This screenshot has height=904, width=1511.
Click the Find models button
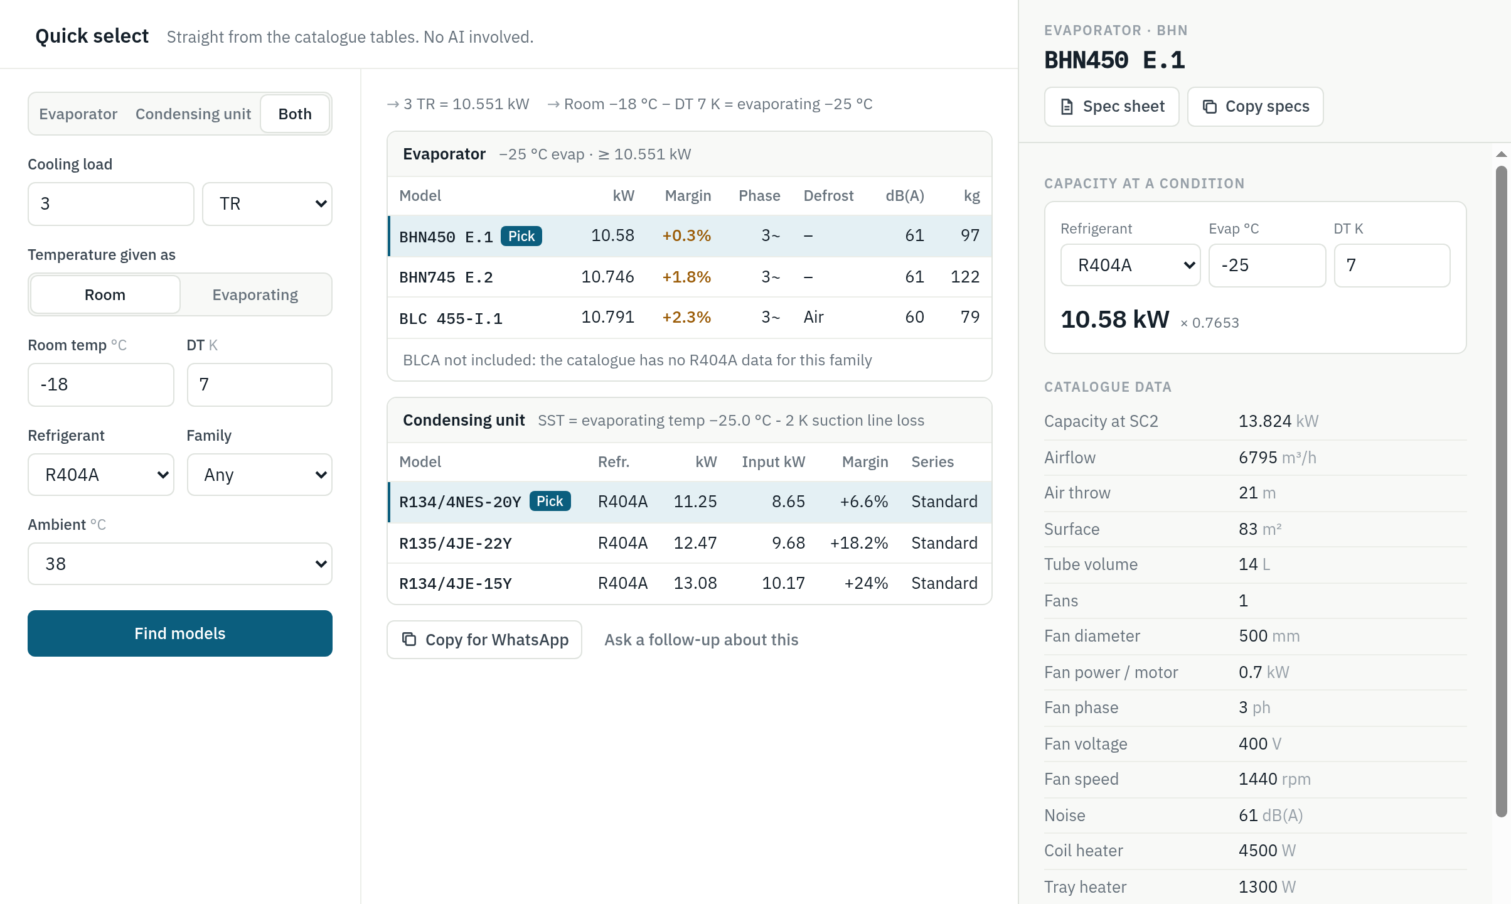[180, 633]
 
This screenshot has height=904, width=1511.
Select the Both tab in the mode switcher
[295, 114]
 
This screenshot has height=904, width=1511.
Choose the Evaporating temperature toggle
[255, 294]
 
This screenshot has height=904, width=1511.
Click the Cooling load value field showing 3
[111, 204]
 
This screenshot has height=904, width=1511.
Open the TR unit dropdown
[267, 204]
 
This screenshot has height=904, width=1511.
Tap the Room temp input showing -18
[101, 385]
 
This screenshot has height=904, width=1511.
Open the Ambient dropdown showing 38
[180, 564]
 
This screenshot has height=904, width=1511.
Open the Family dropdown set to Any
[260, 475]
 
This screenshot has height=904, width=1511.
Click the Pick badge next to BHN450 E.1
[521, 236]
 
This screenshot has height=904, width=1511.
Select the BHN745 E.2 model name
[446, 277]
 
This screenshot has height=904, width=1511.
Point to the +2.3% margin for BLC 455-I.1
[686, 317]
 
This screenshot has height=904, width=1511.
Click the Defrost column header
[828, 196]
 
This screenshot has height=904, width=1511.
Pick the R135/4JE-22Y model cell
[456, 543]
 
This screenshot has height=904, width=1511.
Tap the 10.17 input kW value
[783, 583]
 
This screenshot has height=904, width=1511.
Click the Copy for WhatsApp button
[484, 640]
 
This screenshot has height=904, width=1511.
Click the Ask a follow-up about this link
[702, 640]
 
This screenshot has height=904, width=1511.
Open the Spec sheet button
[1112, 107]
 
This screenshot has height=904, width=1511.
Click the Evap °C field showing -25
[1267, 266]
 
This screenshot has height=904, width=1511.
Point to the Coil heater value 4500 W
[1267, 851]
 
